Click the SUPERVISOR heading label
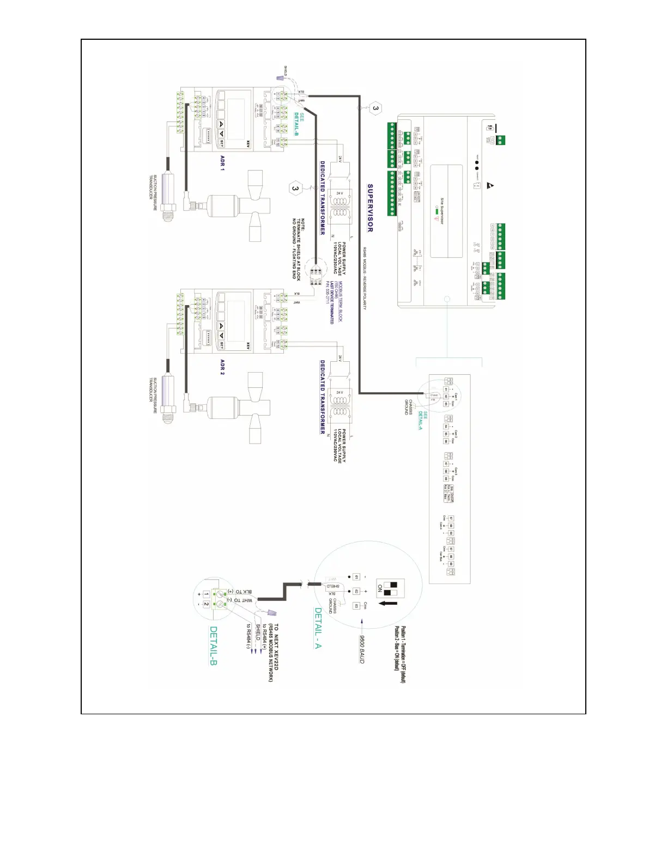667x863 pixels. (x=370, y=208)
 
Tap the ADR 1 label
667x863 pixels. (x=222, y=162)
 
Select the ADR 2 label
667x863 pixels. (x=222, y=367)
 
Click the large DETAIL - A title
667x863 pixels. (x=318, y=628)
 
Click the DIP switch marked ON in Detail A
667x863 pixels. (x=394, y=588)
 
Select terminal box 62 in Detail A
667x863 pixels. (x=356, y=591)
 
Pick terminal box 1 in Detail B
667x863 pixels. (x=207, y=594)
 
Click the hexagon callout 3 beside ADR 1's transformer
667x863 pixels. (x=295, y=189)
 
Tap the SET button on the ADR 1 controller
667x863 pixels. (x=222, y=143)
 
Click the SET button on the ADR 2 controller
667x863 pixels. (x=222, y=345)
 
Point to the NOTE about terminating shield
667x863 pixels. (x=299, y=249)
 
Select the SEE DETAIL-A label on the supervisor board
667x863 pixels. (x=423, y=420)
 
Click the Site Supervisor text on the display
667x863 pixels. (x=442, y=211)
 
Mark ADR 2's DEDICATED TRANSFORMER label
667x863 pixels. (x=323, y=397)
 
